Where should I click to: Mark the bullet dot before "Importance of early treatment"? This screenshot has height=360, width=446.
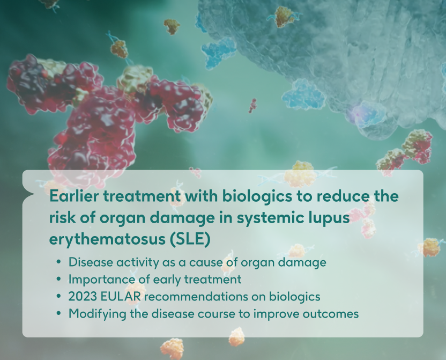[x=58, y=280]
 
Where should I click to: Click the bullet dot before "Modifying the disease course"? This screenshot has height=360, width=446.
[x=58, y=314]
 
